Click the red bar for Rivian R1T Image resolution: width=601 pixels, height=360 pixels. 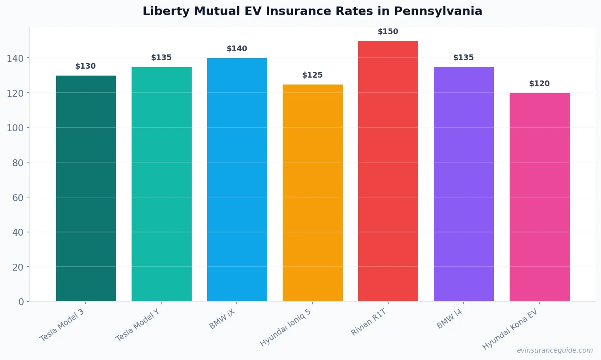[x=388, y=171]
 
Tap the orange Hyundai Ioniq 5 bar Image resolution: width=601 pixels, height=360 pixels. [x=312, y=193]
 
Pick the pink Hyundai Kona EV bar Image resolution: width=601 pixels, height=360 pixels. [x=539, y=197]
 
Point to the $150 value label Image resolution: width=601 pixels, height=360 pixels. [x=388, y=32]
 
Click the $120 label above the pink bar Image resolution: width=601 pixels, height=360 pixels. [x=539, y=84]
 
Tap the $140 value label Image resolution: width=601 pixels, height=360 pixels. [x=237, y=49]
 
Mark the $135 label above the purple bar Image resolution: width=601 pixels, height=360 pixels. [x=463, y=58]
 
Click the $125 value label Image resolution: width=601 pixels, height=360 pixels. [x=312, y=75]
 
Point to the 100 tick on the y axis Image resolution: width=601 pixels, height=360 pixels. [x=15, y=128]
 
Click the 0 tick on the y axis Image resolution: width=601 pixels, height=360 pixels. [x=21, y=302]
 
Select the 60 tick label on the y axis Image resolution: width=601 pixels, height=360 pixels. [x=18, y=197]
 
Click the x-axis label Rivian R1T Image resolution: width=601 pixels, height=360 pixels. [x=369, y=322]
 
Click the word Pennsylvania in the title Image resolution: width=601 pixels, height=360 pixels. [x=438, y=11]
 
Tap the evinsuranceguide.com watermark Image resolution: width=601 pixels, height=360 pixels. [x=555, y=350]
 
